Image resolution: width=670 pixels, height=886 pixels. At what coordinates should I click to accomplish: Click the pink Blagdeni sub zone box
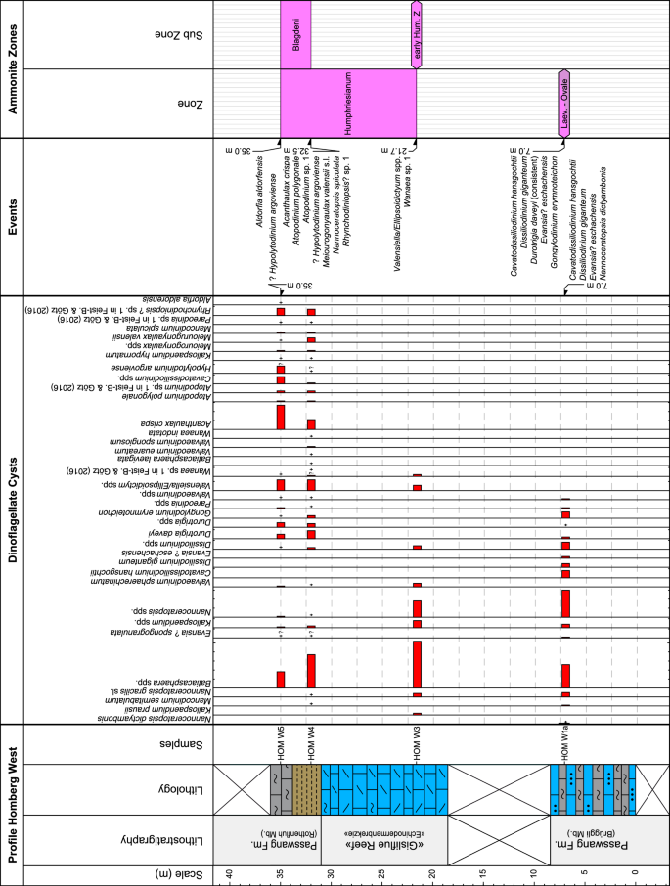[295, 35]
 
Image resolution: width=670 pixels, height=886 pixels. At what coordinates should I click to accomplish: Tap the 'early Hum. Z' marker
[417, 35]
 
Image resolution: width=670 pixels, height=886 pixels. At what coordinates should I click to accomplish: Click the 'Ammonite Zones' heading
[14, 68]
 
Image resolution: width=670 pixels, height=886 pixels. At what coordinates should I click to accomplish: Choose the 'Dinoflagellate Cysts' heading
[14, 511]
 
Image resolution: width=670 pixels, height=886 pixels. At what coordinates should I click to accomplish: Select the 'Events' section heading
[14, 216]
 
